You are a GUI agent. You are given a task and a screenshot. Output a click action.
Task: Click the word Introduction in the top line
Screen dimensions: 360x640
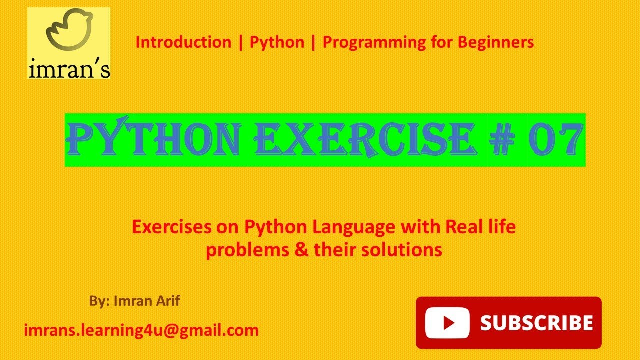coord(183,42)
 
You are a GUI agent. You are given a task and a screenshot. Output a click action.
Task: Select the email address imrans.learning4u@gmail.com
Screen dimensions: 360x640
coord(141,330)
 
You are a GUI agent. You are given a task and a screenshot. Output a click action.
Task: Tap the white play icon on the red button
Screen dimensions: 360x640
coord(447,322)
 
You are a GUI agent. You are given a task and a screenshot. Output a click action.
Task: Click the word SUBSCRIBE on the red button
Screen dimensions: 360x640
coord(536,322)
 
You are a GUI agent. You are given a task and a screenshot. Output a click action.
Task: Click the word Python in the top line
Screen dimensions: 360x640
coord(277,43)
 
